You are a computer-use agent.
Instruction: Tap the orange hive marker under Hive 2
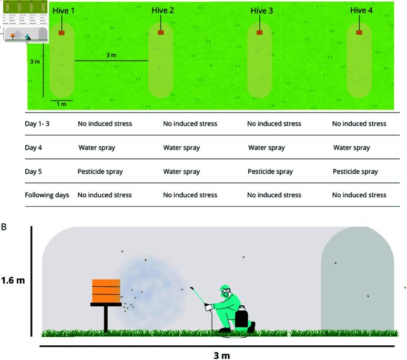pyautogui.click(x=160, y=33)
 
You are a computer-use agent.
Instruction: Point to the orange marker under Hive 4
pyautogui.click(x=359, y=33)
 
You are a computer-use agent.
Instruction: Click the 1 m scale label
pyautogui.click(x=61, y=104)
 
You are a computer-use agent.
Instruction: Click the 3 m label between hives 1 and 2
pyautogui.click(x=111, y=55)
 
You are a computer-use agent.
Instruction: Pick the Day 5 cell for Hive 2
pyautogui.click(x=181, y=172)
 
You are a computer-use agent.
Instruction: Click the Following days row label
pyautogui.click(x=47, y=195)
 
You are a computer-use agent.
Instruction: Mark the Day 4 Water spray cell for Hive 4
pyautogui.click(x=351, y=148)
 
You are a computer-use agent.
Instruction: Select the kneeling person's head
pyautogui.click(x=226, y=291)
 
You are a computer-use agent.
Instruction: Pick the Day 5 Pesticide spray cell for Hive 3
pyautogui.click(x=270, y=172)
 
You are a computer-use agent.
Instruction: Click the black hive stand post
pyautogui.click(x=106, y=319)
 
